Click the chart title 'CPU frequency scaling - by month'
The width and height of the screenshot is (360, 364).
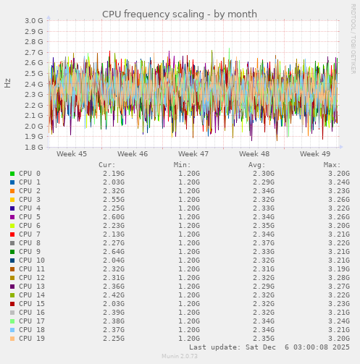(179, 14)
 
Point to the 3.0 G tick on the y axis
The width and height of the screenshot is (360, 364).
(33, 21)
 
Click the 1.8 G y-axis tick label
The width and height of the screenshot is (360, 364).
(33, 148)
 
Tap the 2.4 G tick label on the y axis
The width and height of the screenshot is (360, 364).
(33, 84)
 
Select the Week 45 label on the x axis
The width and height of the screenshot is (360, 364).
(71, 154)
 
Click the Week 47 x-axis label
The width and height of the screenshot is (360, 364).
(193, 154)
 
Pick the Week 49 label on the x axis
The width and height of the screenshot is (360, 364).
(315, 154)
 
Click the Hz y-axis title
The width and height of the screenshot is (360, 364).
(8, 83)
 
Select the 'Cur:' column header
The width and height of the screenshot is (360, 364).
(106, 165)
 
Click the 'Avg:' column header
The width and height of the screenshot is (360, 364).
(257, 165)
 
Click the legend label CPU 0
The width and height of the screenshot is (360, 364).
(30, 174)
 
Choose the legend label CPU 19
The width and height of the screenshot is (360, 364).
(32, 339)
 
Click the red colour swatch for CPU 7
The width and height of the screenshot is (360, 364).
(12, 234)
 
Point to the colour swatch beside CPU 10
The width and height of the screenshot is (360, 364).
(12, 261)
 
